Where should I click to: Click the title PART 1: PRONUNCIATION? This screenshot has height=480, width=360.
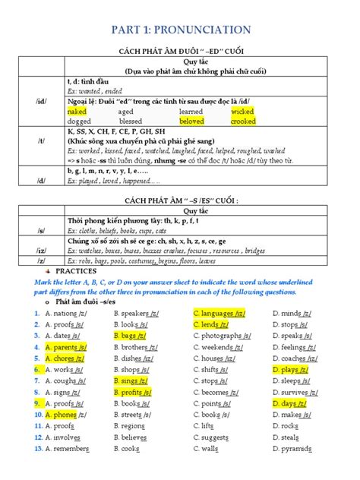click(180, 30)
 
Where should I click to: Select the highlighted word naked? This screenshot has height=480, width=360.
click(77, 111)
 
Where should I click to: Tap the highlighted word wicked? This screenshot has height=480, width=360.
click(242, 111)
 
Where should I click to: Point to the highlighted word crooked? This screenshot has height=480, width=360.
click(243, 121)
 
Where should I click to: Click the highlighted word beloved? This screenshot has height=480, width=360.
click(191, 121)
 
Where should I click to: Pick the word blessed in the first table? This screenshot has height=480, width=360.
click(130, 121)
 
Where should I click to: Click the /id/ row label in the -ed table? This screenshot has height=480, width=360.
click(40, 100)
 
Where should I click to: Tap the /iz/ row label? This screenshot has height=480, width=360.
click(40, 249)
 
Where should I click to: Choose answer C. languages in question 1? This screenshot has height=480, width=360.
click(219, 312)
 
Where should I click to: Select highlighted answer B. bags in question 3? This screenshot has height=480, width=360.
click(130, 335)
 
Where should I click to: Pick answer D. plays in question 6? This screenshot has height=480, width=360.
click(290, 370)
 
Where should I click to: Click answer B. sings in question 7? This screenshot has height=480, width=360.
click(131, 381)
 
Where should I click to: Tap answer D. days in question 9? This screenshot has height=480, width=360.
click(289, 404)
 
